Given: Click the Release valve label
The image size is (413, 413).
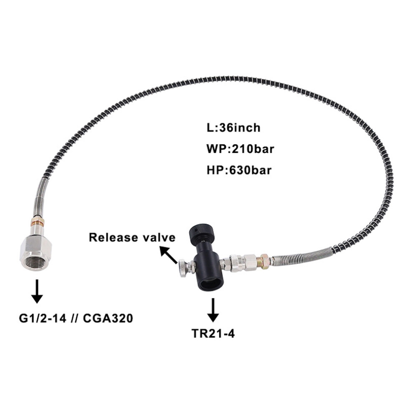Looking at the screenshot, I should (131, 237).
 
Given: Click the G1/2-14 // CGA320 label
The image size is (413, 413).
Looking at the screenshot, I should (76, 318).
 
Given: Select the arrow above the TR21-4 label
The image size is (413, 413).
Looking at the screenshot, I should (213, 310).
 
